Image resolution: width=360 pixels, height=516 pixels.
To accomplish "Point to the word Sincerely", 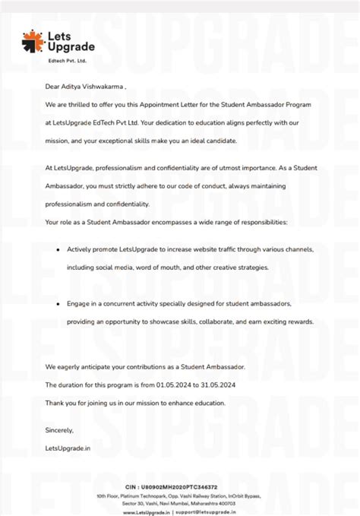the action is click(59, 430).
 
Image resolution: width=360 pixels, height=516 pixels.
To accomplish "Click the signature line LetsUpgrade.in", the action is click(68, 448).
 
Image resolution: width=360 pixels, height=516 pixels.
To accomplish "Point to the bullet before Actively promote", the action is click(58, 249).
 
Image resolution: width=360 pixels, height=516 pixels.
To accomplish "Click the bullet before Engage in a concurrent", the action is click(58, 303).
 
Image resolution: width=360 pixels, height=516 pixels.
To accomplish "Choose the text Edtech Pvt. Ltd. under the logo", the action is click(68, 59).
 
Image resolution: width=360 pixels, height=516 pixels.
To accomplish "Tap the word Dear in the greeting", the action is click(52, 87).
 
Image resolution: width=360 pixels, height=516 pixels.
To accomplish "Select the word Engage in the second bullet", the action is click(79, 303).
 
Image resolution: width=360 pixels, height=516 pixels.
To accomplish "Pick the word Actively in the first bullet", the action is click(80, 249).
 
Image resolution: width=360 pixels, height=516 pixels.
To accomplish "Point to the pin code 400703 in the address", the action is click(226, 503).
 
